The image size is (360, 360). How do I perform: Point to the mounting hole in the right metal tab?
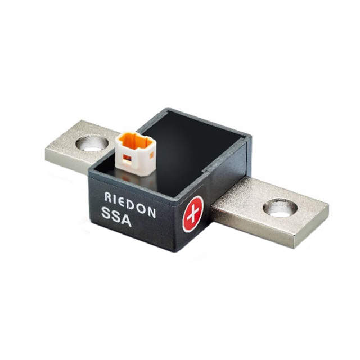(280, 208)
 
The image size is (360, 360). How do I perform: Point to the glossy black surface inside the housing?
(197, 152)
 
